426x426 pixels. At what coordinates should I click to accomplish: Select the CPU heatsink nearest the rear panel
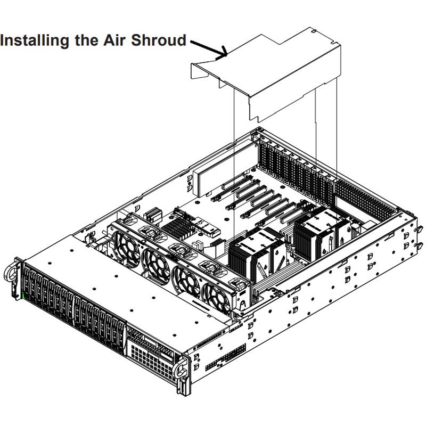(319, 229)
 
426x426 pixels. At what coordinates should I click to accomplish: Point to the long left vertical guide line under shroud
(235, 160)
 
